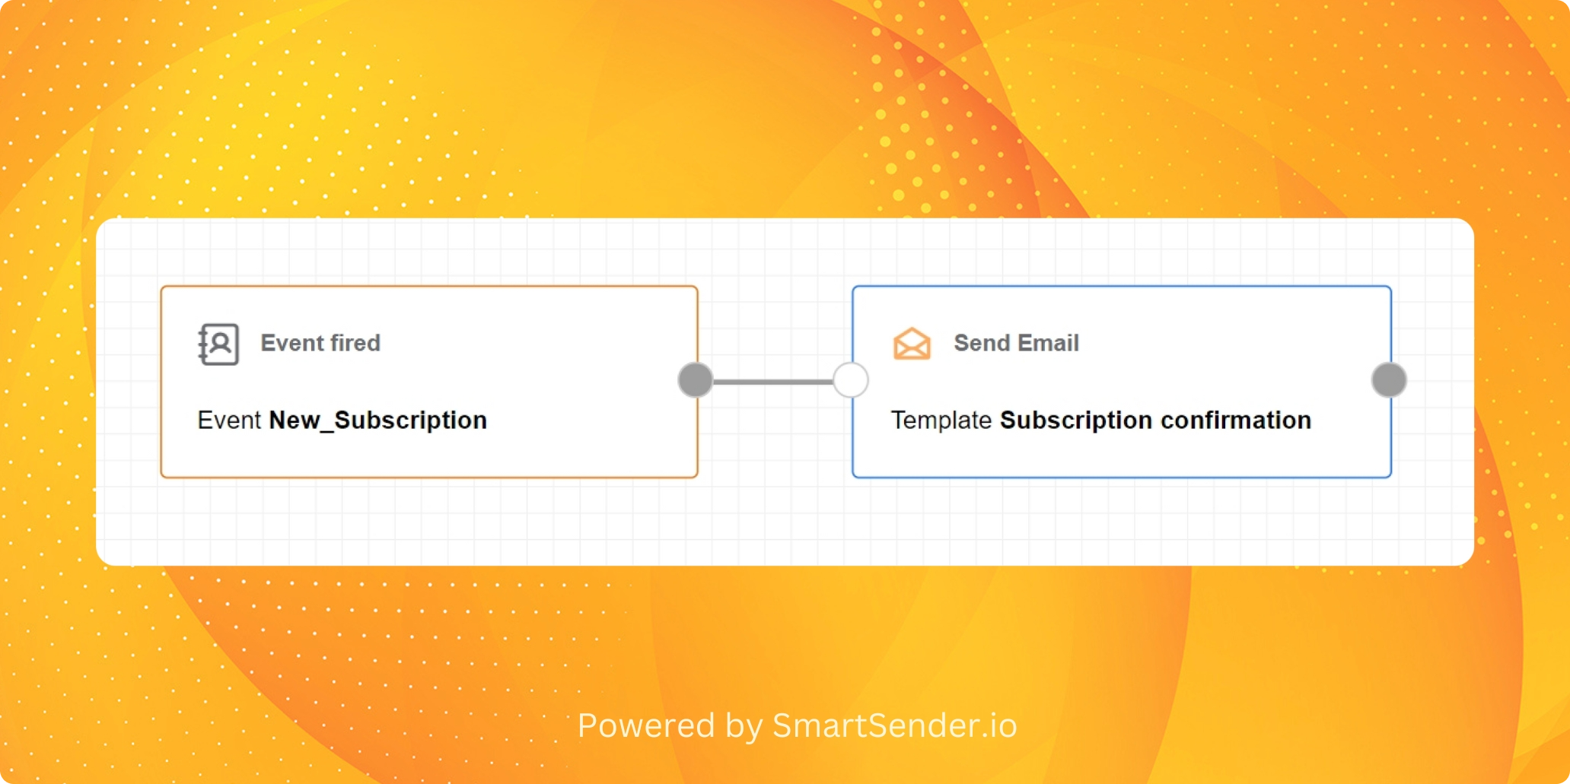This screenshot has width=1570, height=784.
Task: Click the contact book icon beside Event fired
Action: coord(218,344)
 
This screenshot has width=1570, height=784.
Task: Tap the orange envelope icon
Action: coord(912,344)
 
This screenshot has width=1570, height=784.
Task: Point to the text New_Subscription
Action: coord(378,421)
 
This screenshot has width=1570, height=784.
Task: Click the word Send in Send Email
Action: coord(982,343)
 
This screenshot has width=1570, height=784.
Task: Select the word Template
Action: coord(941,421)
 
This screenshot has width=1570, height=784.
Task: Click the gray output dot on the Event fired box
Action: coord(696,380)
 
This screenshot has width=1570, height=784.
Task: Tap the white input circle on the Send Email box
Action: coord(851,380)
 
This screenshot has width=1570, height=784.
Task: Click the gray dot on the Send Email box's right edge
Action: coord(1389,380)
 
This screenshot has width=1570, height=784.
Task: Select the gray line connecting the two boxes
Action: coord(773,381)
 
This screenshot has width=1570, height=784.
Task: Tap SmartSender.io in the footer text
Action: coord(895,725)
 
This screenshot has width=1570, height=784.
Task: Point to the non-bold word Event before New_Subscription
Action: coord(229,420)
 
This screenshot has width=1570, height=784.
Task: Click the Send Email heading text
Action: coord(1017,343)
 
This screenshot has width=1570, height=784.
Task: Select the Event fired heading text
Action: coord(320,343)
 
